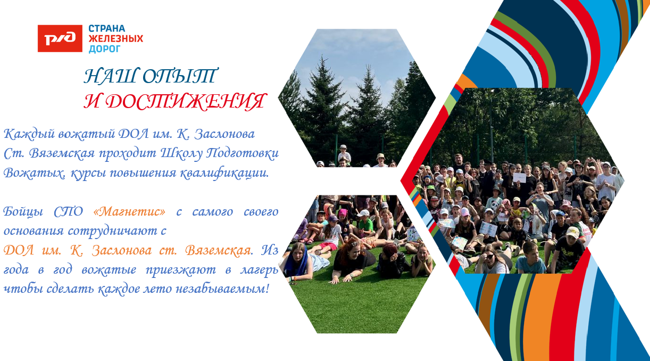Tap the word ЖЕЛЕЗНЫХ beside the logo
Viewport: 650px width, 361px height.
[x=115, y=38]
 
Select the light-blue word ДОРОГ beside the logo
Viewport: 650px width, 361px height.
[x=104, y=48]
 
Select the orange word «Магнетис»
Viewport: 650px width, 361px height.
[x=129, y=211]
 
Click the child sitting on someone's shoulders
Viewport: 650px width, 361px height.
[x=344, y=153]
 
